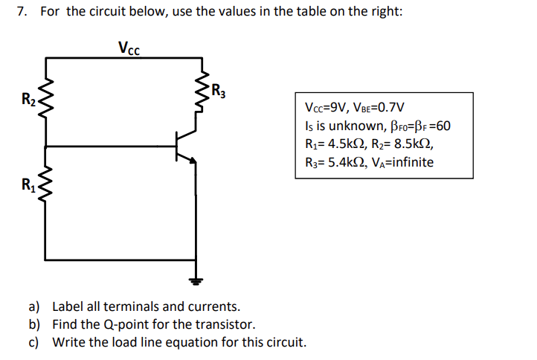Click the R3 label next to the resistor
click(x=218, y=93)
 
